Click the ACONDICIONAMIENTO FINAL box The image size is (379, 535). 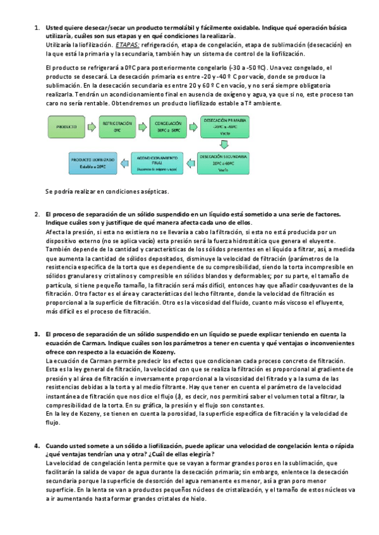(x=155, y=163)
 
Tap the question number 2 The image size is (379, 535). (x=37, y=215)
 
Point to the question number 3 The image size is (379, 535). (x=37, y=333)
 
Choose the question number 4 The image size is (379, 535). (x=37, y=446)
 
